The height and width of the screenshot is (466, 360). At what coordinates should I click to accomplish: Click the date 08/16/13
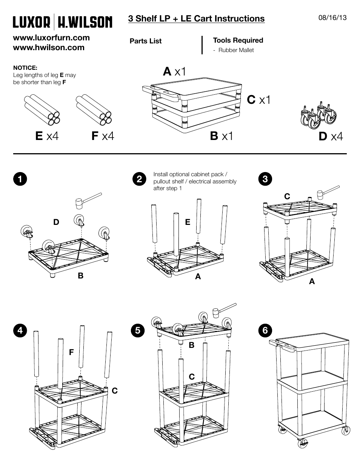[332, 18]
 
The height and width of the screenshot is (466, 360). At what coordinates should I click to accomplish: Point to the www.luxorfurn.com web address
[51, 38]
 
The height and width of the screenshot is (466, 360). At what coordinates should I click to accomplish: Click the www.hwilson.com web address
[49, 48]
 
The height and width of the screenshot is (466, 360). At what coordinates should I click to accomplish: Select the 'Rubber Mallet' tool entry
[235, 50]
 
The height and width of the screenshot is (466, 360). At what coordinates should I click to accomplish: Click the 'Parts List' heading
[145, 41]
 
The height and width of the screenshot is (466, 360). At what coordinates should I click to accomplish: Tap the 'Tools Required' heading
[238, 40]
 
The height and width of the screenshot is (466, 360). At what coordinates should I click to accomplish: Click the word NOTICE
[25, 68]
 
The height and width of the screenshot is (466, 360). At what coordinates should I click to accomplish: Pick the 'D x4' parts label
[331, 136]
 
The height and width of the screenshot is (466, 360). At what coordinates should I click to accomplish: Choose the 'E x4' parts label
[47, 136]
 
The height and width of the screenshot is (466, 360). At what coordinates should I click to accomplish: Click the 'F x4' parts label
[102, 136]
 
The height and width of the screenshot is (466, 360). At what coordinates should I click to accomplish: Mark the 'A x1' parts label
[174, 71]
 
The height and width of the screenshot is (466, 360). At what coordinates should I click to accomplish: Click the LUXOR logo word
[32, 22]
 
